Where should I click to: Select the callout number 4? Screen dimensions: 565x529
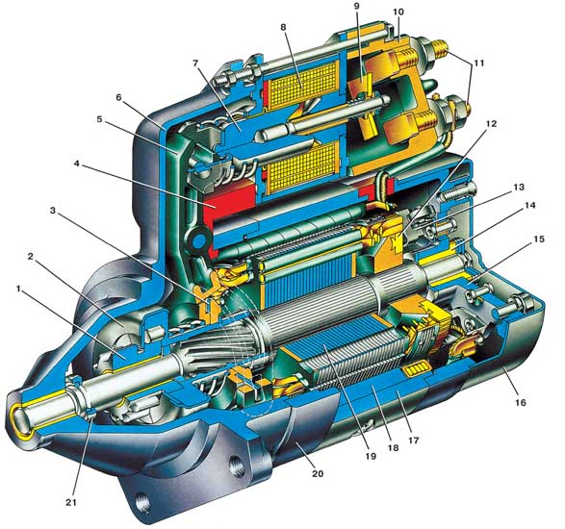(x=76, y=164)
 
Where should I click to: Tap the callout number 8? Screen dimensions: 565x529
(x=283, y=27)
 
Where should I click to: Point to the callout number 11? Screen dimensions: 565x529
(x=478, y=63)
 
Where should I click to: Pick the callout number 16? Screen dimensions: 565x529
(x=520, y=402)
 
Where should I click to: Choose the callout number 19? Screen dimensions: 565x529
(x=371, y=456)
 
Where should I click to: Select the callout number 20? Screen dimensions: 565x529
(x=318, y=473)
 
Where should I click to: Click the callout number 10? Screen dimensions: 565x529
(x=398, y=12)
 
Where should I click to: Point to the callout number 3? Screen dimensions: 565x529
(x=53, y=211)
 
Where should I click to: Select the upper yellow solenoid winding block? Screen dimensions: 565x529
(x=302, y=85)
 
